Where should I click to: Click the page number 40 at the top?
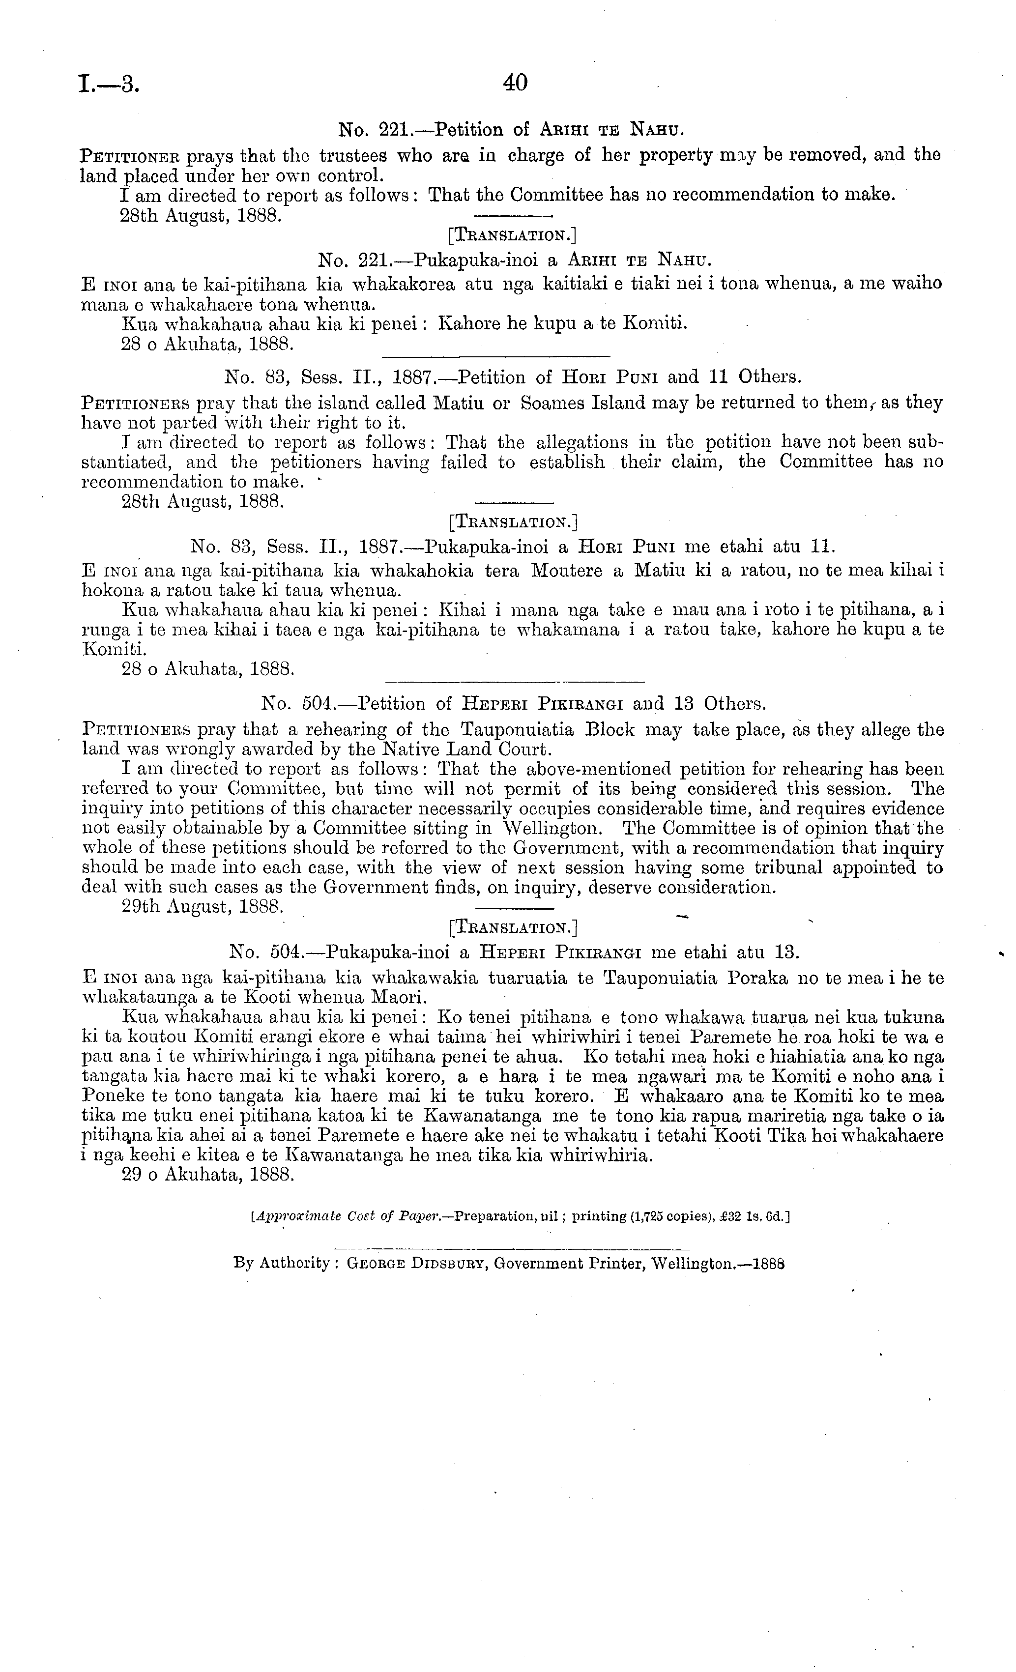[x=515, y=84]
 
